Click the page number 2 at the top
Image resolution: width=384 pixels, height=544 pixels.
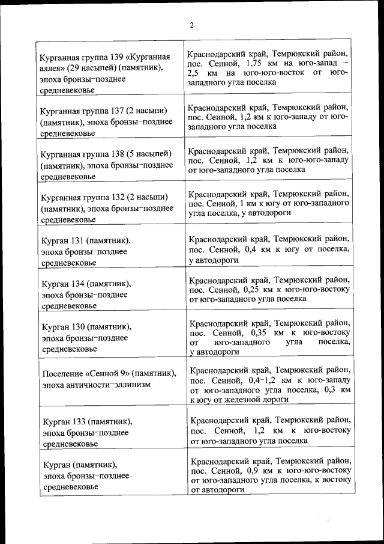pos(191,25)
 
